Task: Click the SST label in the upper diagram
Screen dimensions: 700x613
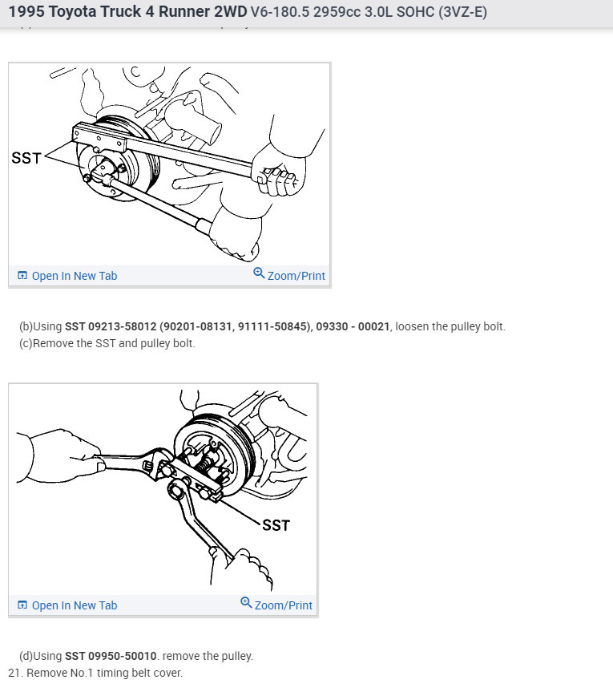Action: pyautogui.click(x=26, y=158)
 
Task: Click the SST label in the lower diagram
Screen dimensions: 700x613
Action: pyautogui.click(x=276, y=525)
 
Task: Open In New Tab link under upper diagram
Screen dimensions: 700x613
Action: pyautogui.click(x=74, y=276)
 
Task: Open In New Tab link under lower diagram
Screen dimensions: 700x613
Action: pyautogui.click(x=74, y=605)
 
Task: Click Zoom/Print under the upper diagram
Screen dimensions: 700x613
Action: pyautogui.click(x=296, y=276)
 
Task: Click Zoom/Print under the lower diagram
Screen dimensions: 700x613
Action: pyautogui.click(x=283, y=605)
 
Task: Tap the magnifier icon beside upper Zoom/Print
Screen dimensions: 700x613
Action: pyautogui.click(x=259, y=273)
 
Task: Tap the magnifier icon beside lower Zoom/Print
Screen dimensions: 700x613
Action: pyautogui.click(x=246, y=603)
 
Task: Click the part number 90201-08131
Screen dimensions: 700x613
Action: pyautogui.click(x=196, y=326)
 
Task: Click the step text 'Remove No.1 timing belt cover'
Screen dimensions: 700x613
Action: pyautogui.click(x=104, y=673)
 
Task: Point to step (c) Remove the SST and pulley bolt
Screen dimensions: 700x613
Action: pyautogui.click(x=107, y=343)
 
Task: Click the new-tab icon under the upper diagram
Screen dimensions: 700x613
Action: pyautogui.click(x=22, y=276)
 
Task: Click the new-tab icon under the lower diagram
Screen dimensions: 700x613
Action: pyautogui.click(x=22, y=605)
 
